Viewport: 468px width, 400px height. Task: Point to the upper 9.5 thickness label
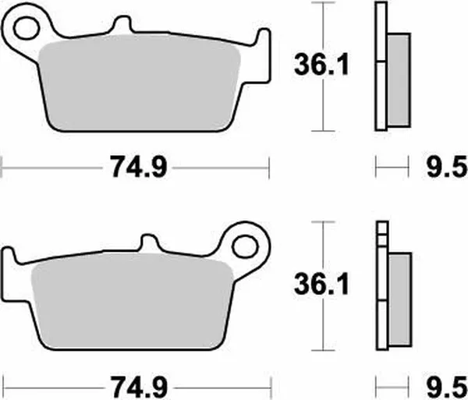coord(447,166)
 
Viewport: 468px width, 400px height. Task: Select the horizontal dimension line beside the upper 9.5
coord(392,165)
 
